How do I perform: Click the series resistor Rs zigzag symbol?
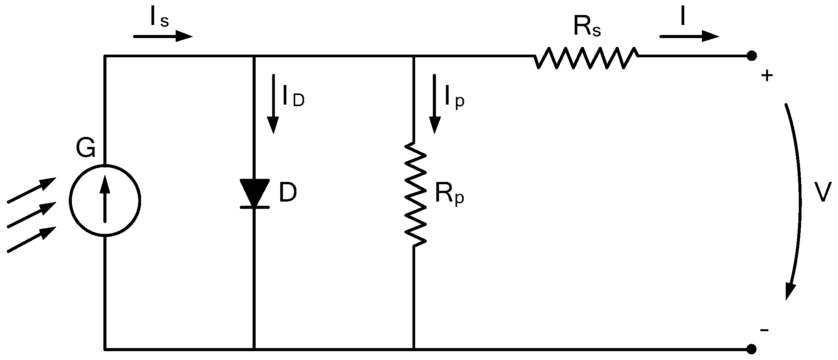point(586,58)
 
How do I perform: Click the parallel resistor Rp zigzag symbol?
point(414,194)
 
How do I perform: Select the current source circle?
point(105,200)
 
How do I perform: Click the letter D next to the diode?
point(288,193)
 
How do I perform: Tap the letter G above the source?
point(85,148)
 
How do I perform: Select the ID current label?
point(293,96)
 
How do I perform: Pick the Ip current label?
point(454,96)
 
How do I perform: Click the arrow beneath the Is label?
point(162,37)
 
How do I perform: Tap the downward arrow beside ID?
point(273,104)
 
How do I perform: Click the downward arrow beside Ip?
point(435,104)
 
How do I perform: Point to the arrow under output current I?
point(689,37)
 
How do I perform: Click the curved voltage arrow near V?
point(797,200)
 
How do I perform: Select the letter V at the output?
point(822,192)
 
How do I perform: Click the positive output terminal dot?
point(752,56)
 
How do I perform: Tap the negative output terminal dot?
point(752,349)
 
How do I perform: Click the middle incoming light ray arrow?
point(32,215)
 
